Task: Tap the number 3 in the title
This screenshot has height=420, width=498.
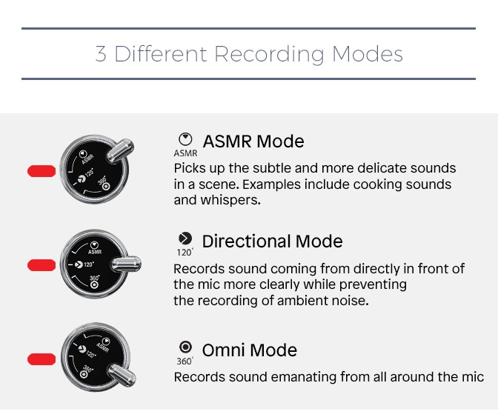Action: [x=101, y=54]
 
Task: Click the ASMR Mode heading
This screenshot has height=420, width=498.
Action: [x=253, y=141]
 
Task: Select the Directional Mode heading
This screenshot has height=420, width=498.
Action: [x=272, y=241]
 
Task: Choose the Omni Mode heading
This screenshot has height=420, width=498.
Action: [x=249, y=350]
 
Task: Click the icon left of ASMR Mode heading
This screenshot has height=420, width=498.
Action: [x=185, y=139]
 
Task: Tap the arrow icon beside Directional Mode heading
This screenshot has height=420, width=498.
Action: [x=185, y=239]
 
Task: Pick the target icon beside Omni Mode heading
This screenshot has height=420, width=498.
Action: [x=185, y=347]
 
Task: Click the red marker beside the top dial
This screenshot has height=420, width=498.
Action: [x=41, y=172]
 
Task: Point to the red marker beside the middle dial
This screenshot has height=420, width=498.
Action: [x=41, y=265]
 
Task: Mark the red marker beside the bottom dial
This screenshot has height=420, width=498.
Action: [x=41, y=359]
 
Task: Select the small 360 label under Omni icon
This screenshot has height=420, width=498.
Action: [x=185, y=362]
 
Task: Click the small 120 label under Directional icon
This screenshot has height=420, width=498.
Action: [x=185, y=253]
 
